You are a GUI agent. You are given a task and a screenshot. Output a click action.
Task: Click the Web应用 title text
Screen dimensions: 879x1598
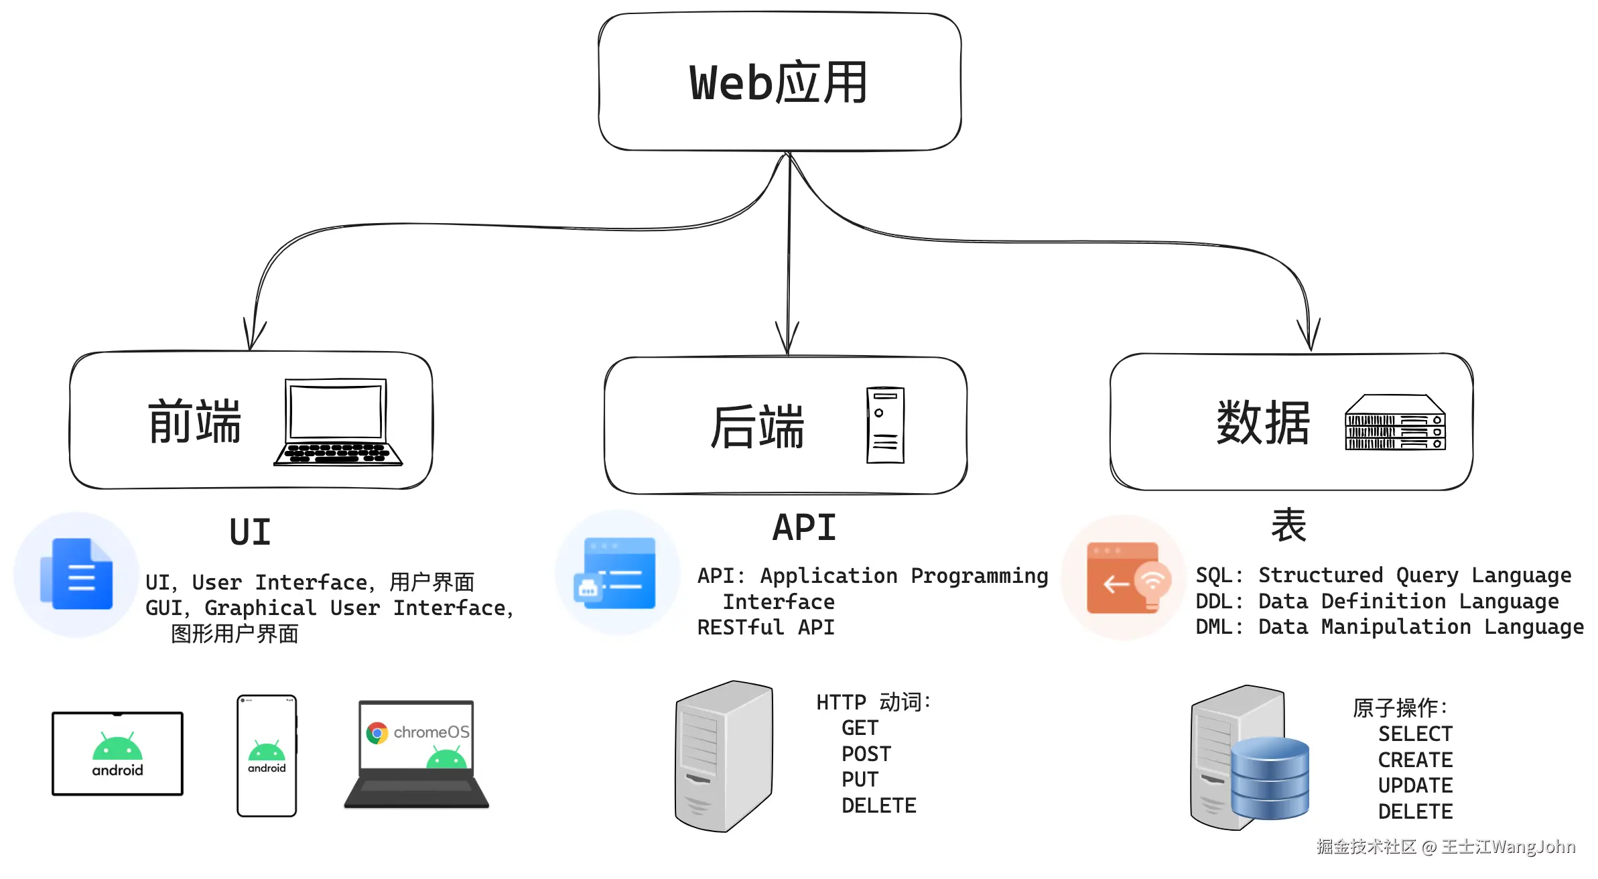779,83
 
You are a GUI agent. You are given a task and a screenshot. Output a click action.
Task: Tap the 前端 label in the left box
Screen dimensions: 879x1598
194,421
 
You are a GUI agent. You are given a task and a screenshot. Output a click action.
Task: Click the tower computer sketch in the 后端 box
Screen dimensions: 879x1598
885,425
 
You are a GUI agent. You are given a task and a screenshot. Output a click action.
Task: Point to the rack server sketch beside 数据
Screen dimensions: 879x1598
1395,423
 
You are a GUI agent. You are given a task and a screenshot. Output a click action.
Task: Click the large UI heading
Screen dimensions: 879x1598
250,533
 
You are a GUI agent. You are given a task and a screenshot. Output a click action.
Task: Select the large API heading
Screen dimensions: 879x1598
804,527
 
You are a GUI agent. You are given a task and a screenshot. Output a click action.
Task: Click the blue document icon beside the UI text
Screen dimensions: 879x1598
78,574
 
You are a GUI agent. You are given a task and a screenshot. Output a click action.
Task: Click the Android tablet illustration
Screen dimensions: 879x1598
117,754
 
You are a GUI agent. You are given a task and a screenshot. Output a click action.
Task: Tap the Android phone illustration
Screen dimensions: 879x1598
267,756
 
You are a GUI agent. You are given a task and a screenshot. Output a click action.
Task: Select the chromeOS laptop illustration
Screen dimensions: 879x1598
416,754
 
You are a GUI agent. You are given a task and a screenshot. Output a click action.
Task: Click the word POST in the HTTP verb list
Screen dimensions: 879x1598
866,754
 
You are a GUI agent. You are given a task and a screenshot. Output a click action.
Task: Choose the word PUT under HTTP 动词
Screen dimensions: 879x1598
860,780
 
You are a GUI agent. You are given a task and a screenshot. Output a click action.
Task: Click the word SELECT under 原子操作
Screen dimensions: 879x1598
1414,734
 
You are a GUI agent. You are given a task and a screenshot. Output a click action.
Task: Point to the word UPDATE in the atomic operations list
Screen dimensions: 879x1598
1414,786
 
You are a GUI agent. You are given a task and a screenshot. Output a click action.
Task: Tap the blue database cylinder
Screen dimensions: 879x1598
1269,778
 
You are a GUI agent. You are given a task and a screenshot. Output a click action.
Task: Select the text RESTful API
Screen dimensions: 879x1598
765,628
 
